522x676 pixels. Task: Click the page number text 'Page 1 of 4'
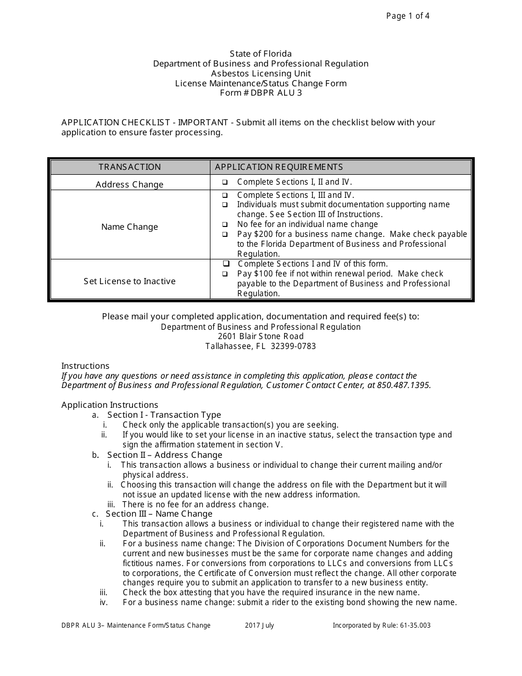(x=408, y=16)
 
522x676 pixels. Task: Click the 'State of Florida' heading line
(x=260, y=54)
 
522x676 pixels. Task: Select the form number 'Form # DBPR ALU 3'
(x=260, y=93)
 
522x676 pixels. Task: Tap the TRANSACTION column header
(x=130, y=167)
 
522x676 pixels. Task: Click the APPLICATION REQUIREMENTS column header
(x=279, y=167)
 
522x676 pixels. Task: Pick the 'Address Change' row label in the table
(x=130, y=185)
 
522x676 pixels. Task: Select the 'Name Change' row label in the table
(x=130, y=227)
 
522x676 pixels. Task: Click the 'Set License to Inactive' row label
(x=130, y=281)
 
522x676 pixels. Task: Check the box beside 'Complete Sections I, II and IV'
(x=225, y=182)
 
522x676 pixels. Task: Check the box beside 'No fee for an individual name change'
(x=225, y=224)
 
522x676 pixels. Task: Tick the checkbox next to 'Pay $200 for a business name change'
(x=225, y=234)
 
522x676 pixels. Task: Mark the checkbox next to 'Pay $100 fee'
(x=225, y=274)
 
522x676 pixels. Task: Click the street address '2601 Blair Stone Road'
(x=260, y=336)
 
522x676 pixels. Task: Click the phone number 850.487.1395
(x=404, y=385)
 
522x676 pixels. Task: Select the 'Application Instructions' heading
(x=110, y=405)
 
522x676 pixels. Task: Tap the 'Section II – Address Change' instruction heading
(x=164, y=455)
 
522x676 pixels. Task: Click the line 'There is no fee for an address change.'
(x=195, y=505)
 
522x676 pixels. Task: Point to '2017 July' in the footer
(x=259, y=625)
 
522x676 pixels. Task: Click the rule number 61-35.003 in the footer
(x=413, y=625)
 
